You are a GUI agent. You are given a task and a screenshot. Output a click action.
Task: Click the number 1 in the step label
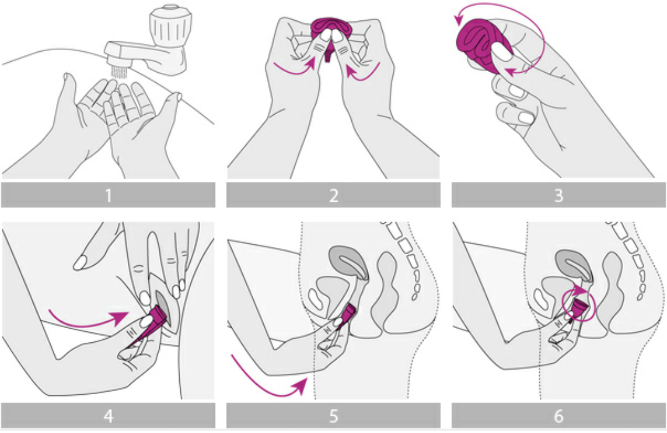[x=109, y=196]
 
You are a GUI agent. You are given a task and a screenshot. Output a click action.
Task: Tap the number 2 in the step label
[x=333, y=196]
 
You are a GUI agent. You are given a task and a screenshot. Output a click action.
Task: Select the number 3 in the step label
[x=559, y=196]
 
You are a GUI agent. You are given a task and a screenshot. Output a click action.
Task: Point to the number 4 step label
[x=109, y=416]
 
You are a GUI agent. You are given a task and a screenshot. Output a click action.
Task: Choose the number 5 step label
[x=333, y=416]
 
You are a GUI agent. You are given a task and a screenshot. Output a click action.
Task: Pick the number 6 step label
[x=559, y=416]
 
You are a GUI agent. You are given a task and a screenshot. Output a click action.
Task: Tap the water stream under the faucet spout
[x=119, y=72]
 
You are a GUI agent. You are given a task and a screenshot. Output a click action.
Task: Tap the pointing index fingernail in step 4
[x=80, y=263]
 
